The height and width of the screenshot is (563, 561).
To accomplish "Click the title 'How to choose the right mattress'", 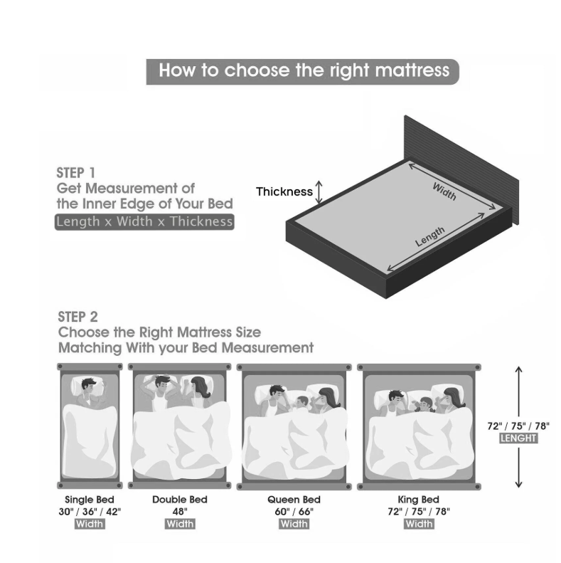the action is (303, 71).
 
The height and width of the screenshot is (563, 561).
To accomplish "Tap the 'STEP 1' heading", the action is (75, 173).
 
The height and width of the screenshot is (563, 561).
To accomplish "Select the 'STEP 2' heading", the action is (78, 317).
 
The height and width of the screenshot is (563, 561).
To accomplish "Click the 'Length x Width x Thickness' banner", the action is (144, 221).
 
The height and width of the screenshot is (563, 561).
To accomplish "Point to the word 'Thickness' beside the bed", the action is (284, 191).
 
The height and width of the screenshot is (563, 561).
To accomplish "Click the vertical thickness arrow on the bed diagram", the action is (319, 191).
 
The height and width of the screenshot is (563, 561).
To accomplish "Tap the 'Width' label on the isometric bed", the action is (444, 191).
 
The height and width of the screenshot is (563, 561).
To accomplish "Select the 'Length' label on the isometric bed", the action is (429, 236).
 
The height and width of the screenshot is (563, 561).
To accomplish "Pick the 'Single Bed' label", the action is (90, 500).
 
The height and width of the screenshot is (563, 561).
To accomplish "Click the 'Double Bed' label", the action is (180, 500).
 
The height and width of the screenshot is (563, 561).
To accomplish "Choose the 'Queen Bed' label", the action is (294, 500).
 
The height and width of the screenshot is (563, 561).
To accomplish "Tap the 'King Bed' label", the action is (418, 500).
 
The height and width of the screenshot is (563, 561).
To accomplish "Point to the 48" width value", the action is (180, 511).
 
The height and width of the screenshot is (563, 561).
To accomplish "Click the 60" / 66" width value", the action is (294, 511).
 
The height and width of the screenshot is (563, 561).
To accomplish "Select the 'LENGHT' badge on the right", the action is (518, 438).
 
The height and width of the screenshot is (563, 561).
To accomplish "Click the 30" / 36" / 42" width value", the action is (90, 511).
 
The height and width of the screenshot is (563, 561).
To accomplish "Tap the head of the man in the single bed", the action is (89, 386).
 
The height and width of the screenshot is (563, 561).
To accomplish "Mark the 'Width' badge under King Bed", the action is (419, 524).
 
